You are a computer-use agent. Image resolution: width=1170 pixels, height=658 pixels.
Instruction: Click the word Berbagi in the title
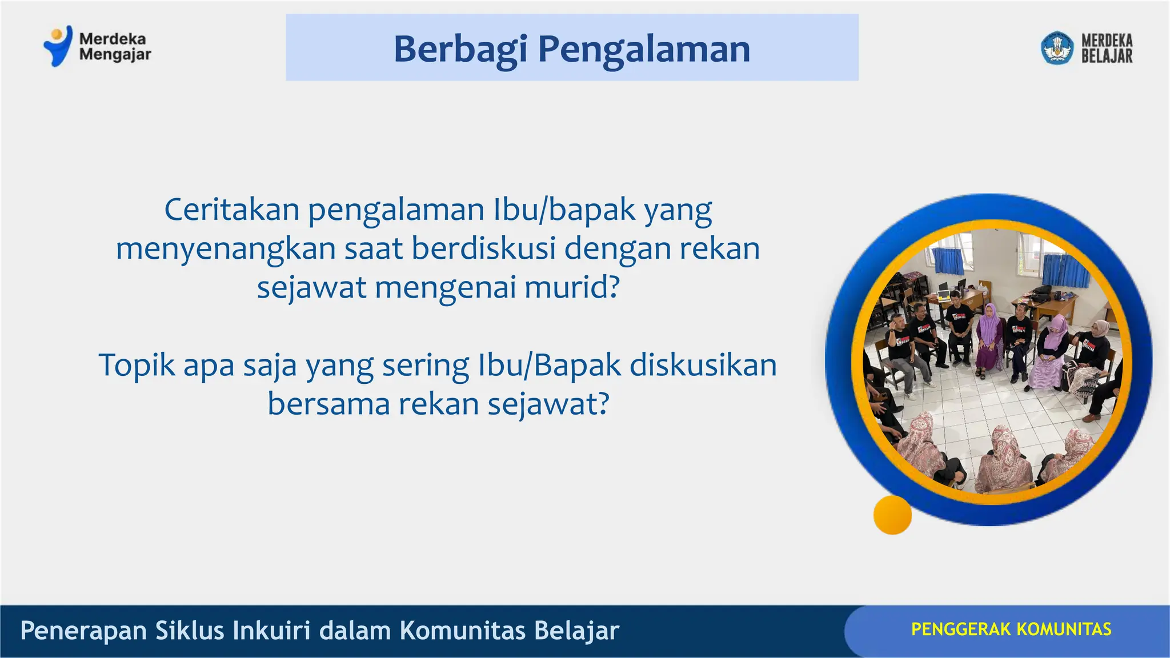[460, 50]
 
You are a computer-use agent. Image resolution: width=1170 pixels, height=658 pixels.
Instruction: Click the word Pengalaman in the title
[644, 50]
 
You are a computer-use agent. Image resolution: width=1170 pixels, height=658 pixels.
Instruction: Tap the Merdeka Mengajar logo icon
[58, 46]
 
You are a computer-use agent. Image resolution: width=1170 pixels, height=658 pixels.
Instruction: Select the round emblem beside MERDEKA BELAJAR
[1057, 48]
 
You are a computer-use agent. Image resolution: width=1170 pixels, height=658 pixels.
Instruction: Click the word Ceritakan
[231, 210]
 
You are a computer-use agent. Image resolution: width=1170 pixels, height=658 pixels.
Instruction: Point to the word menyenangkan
[225, 249]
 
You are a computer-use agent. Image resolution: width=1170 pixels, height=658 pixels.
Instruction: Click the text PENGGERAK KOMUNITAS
[1011, 629]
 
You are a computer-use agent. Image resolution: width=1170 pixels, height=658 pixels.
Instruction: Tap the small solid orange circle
[892, 515]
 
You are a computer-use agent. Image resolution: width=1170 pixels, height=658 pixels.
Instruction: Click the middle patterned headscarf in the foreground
[1003, 457]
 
